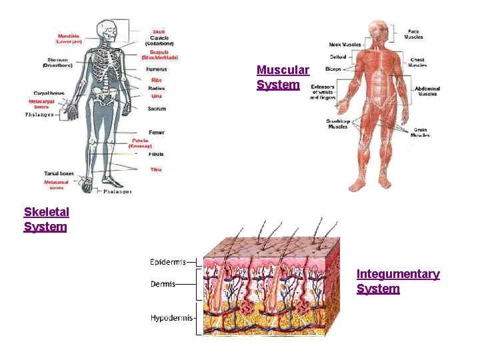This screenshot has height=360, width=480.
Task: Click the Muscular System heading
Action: click(x=283, y=77)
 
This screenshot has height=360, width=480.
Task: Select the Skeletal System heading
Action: click(x=46, y=219)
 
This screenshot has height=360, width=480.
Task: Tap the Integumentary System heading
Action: click(x=397, y=281)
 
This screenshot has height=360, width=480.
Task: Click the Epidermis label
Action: click(x=167, y=262)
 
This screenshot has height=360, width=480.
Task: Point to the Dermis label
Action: click(x=163, y=284)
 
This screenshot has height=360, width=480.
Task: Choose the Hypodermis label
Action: click(x=171, y=318)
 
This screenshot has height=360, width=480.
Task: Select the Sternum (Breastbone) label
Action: click(x=57, y=63)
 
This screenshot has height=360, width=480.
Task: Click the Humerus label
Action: click(x=156, y=69)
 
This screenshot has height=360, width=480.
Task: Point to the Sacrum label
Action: click(x=157, y=108)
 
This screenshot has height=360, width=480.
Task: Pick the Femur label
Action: click(x=157, y=132)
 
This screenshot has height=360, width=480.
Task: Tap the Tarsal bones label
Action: click(x=59, y=173)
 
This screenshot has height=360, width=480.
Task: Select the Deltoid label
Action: click(x=337, y=57)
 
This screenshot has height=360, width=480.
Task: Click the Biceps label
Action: click(x=333, y=69)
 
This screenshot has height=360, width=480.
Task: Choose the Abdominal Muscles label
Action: click(x=427, y=91)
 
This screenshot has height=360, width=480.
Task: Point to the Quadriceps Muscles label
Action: click(x=337, y=124)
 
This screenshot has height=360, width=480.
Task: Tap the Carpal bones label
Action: click(x=48, y=93)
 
